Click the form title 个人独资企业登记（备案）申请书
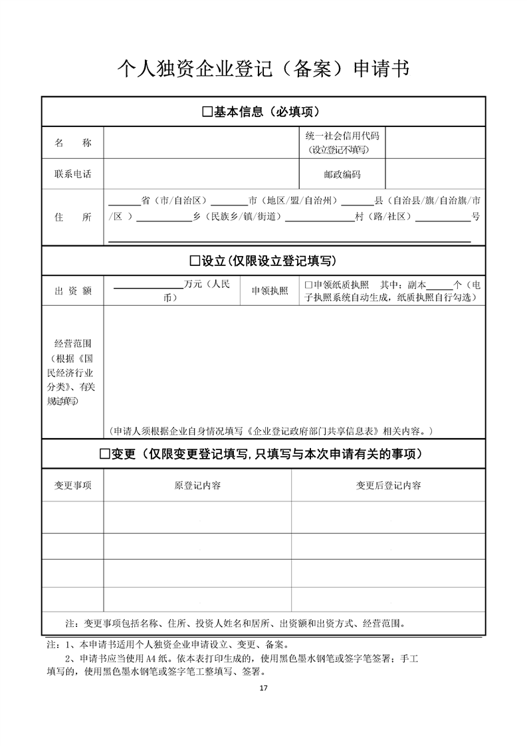coord(263,68)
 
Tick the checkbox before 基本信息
coord(207,112)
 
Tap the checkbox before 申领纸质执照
coord(308,284)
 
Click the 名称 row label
coord(73,143)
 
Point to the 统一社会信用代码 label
coord(342,136)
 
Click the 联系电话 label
coord(73,174)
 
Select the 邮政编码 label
coord(342,174)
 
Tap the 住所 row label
coord(73,217)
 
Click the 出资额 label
coord(73,291)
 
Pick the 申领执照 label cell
coord(270,291)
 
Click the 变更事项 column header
coord(73,485)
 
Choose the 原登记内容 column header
coord(197,485)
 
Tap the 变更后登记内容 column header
coord(388,485)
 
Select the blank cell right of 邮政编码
coord(435,174)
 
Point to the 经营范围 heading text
coord(73,344)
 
